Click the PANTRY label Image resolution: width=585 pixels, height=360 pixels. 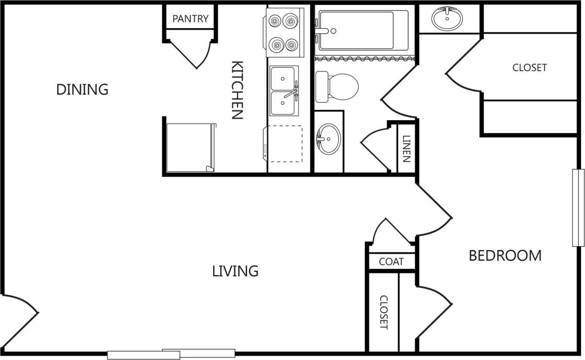click(x=190, y=19)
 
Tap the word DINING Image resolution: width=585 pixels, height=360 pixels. click(x=82, y=90)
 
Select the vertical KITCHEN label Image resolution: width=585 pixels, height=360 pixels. click(x=237, y=90)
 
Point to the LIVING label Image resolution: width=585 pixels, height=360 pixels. click(x=235, y=271)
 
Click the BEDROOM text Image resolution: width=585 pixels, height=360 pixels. click(x=505, y=255)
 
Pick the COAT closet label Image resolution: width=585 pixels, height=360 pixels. click(x=391, y=262)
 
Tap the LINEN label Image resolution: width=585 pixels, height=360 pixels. click(x=406, y=148)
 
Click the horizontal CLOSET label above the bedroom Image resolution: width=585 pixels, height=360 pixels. click(x=529, y=68)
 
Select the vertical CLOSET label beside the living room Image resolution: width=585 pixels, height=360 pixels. click(x=383, y=313)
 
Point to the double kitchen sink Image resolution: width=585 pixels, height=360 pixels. click(x=284, y=91)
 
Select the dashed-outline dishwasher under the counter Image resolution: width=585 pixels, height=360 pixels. click(x=285, y=144)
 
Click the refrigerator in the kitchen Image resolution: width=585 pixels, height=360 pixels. click(x=189, y=148)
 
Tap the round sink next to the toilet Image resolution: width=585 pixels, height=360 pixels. click(x=329, y=139)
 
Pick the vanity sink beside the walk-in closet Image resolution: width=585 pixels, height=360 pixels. click(x=447, y=19)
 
